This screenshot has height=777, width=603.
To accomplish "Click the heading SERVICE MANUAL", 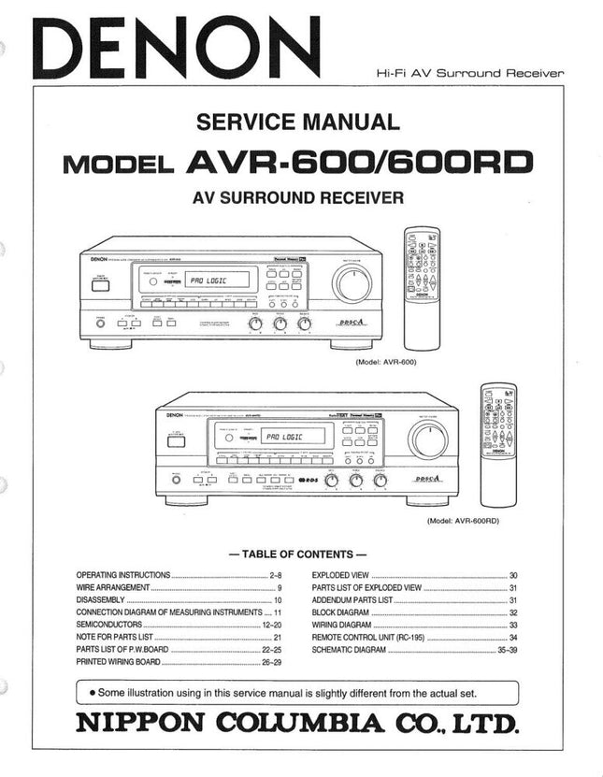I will click(x=297, y=122).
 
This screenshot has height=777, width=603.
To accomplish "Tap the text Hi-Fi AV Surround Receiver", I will click(x=470, y=73).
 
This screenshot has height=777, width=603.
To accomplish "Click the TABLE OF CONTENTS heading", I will click(x=297, y=554).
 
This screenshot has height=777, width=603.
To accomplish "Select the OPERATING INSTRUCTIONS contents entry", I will click(x=123, y=575).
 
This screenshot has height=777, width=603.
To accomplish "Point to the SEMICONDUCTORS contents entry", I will click(x=109, y=624).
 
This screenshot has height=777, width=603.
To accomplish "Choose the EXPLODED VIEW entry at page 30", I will click(x=341, y=575).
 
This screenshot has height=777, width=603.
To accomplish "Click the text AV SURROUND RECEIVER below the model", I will click(x=297, y=198).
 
